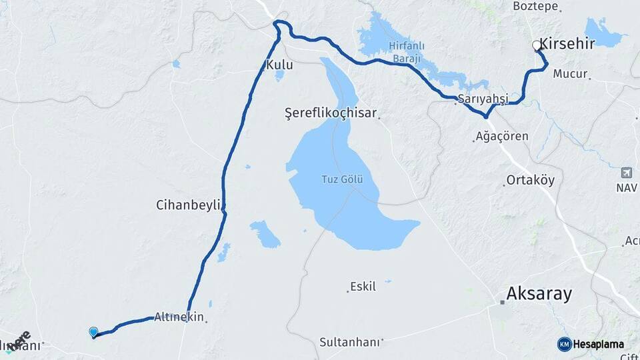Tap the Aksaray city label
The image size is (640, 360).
[539, 293]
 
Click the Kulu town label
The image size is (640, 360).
[279, 65]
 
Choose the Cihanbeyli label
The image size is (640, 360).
[187, 205]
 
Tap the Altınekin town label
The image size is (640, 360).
[179, 317]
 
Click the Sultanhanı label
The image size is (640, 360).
[350, 342]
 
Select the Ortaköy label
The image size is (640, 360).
[530, 181]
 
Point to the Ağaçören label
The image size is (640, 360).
[502, 136]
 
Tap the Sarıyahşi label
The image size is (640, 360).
[483, 99]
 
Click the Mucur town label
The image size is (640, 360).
[570, 74]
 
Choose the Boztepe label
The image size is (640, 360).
[535, 6]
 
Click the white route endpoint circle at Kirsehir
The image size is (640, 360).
[537, 45]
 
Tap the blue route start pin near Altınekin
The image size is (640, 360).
[93, 331]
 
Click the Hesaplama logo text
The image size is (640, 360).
[599, 344]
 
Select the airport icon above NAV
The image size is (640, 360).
[626, 173]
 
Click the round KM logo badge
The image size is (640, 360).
[564, 344]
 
